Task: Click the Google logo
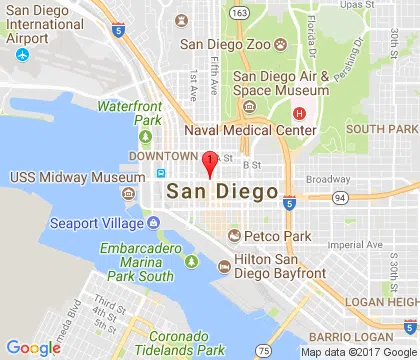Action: (x=34, y=347)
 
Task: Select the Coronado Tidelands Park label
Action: (x=180, y=342)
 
